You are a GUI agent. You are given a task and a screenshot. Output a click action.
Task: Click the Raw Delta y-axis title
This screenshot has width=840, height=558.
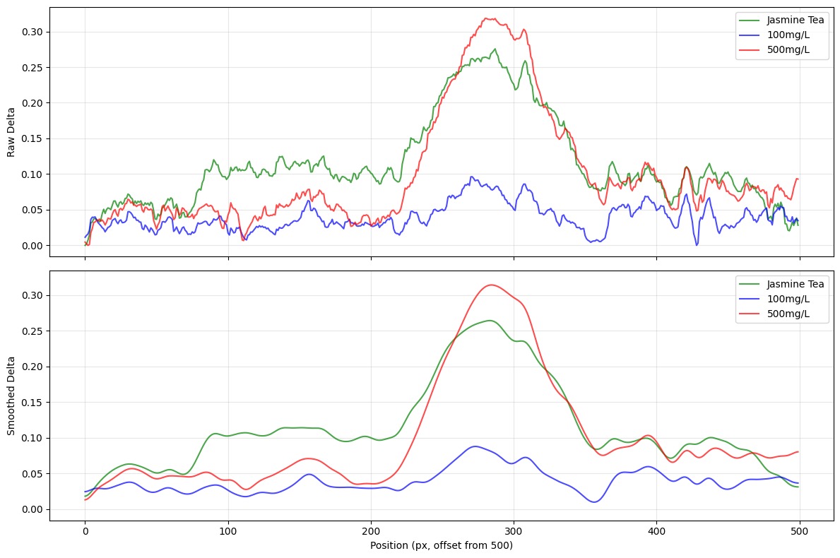[12, 131]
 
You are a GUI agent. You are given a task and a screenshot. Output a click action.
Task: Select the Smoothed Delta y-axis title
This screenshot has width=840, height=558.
[12, 395]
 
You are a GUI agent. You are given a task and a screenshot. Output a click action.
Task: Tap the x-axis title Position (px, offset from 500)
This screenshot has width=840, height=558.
[442, 545]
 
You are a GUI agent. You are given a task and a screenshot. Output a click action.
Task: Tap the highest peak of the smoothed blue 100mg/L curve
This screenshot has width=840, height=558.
[475, 446]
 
